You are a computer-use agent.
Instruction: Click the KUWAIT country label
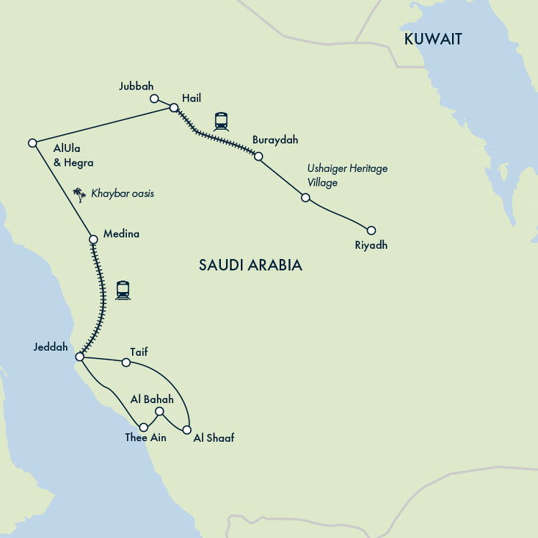click(433, 39)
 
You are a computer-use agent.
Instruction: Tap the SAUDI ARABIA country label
click(250, 265)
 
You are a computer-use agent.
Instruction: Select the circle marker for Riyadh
click(371, 230)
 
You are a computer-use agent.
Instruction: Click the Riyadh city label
click(372, 245)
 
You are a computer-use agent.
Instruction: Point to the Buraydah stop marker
click(259, 156)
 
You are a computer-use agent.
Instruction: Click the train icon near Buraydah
click(221, 121)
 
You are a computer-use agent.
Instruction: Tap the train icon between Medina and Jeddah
click(123, 290)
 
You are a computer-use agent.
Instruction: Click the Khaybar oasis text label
click(122, 194)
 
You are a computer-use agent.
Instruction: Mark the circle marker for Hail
click(174, 108)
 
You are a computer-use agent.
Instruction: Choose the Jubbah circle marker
click(154, 98)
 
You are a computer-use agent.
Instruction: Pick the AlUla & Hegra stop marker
click(32, 143)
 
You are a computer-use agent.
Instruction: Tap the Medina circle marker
click(93, 239)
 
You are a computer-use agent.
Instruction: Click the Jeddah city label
click(50, 347)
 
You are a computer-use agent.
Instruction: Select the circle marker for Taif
click(126, 362)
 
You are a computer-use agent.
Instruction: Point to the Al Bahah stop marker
click(160, 411)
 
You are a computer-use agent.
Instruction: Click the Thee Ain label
click(146, 438)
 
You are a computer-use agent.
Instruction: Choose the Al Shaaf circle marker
click(187, 430)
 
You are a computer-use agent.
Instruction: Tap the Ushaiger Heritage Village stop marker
click(305, 197)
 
